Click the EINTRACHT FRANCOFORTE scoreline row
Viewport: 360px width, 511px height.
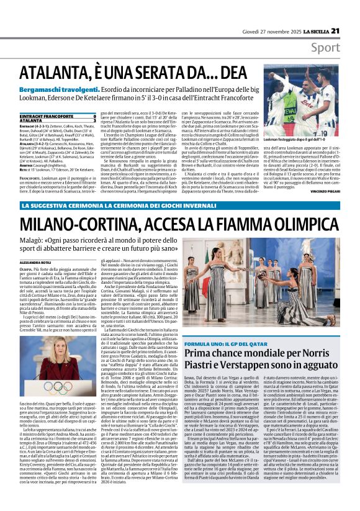(x=56, y=116)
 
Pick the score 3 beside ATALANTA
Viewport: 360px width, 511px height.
(x=94, y=120)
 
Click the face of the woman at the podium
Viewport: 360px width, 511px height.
(x=58, y=349)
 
